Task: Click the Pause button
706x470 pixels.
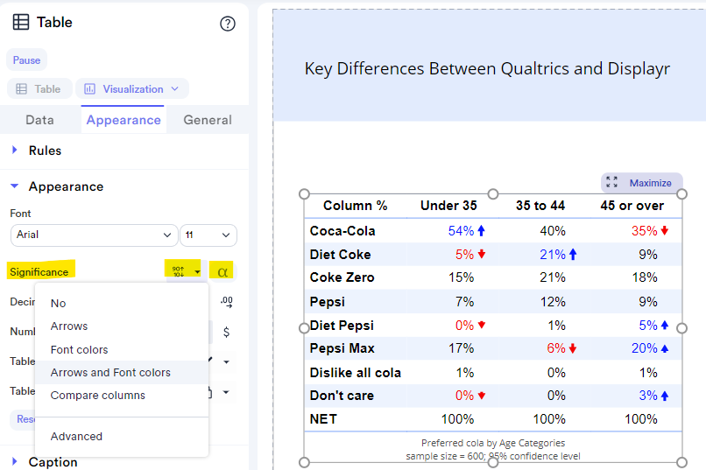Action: coord(26,60)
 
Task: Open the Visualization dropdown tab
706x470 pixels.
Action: coord(132,89)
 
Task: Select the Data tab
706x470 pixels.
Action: coord(39,120)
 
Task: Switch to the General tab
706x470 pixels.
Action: coord(208,120)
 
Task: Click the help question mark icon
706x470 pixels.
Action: coord(228,24)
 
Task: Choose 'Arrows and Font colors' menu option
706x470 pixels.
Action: coord(110,373)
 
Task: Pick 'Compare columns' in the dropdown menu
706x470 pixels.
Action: coord(98,396)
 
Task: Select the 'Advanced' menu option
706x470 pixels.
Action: coord(76,437)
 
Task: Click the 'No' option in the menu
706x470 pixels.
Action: coord(58,304)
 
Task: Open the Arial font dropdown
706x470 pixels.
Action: coord(94,235)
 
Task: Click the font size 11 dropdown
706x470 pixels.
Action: coord(208,235)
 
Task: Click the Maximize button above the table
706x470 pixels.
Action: coord(642,183)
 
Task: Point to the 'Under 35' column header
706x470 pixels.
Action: coord(448,206)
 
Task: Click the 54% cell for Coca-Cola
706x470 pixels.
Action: coord(461,231)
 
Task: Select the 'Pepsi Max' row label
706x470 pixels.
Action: coord(342,348)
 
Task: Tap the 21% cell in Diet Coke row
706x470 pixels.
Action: coord(552,255)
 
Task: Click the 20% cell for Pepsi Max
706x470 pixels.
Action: coord(644,348)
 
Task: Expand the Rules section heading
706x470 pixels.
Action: coord(45,151)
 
